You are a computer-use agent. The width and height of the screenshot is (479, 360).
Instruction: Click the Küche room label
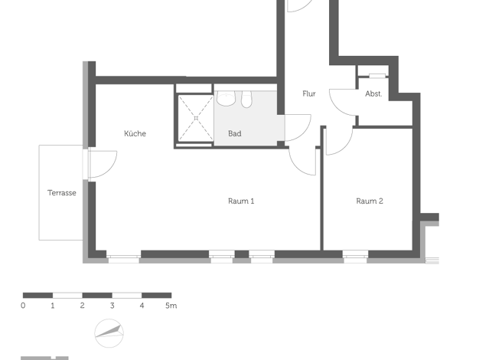(135, 133)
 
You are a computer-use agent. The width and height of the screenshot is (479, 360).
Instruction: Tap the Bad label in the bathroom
(235, 133)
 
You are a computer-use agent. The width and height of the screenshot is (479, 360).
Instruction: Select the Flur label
(309, 93)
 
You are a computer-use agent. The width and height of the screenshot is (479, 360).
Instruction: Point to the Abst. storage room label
(373, 93)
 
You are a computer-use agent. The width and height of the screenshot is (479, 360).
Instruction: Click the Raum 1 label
(241, 201)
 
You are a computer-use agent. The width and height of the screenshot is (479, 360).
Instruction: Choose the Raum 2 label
(370, 201)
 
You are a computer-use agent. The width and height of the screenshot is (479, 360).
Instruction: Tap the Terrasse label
(62, 193)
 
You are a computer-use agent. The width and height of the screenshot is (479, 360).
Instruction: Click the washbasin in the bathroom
(226, 98)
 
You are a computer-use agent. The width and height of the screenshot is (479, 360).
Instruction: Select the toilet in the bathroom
(246, 99)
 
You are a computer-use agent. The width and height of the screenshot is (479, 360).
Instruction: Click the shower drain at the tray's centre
(196, 118)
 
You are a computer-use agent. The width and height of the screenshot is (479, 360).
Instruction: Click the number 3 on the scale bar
(112, 306)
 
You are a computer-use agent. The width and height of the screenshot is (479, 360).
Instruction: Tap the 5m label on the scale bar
(171, 306)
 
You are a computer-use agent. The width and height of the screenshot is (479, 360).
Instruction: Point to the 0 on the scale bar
(23, 306)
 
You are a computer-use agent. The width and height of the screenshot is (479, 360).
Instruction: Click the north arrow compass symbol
(109, 333)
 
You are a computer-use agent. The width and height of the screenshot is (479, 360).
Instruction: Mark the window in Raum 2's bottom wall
(355, 257)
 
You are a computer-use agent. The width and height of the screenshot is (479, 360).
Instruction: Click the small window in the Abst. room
(377, 76)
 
